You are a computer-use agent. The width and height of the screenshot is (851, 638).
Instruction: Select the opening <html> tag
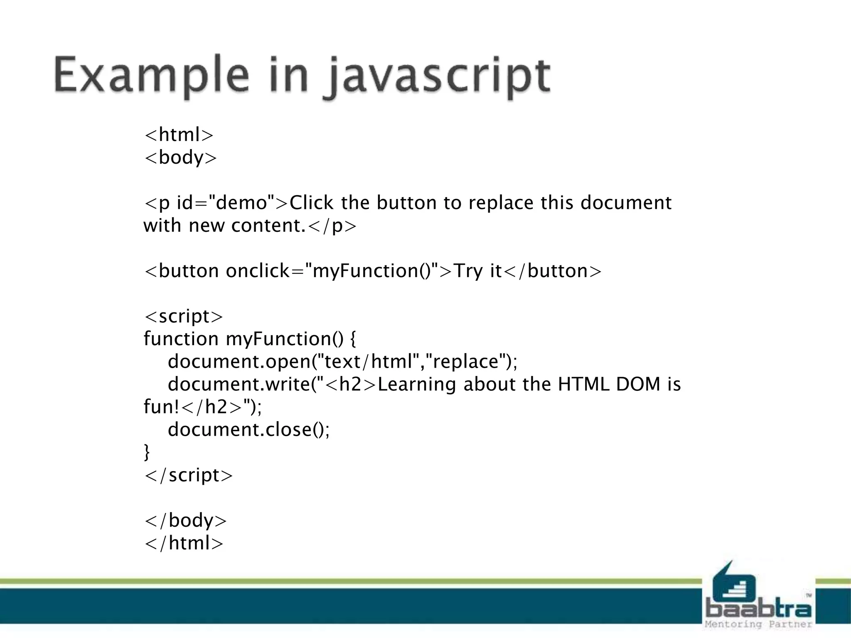click(179, 135)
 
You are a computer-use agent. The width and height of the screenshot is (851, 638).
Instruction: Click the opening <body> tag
click(180, 158)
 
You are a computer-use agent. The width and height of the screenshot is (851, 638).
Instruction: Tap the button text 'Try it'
click(477, 271)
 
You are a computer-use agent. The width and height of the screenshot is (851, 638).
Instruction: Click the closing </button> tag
click(552, 271)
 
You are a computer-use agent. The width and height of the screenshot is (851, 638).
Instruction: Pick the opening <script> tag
click(183, 317)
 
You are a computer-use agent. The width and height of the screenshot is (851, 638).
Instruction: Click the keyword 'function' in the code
click(181, 339)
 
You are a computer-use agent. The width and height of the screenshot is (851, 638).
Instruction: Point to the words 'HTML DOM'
click(609, 384)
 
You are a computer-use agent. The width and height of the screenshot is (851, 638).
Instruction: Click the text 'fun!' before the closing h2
click(161, 407)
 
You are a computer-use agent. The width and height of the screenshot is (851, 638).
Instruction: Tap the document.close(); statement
click(248, 429)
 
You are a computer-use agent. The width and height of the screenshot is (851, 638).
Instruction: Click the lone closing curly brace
click(147, 452)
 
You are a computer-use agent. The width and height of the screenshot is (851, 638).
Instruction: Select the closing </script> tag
click(188, 475)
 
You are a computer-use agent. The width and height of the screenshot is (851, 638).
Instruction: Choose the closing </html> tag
click(184, 543)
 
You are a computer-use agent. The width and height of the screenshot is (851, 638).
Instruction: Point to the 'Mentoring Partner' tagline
click(758, 624)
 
